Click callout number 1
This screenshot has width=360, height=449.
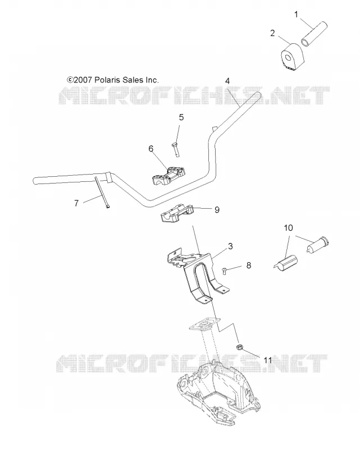297,15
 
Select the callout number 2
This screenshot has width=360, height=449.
272,33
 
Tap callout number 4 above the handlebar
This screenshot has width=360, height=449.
227,81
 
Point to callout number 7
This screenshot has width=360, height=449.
76,203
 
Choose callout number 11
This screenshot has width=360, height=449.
268,360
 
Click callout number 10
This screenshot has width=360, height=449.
288,228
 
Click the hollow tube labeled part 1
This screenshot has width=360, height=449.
315,33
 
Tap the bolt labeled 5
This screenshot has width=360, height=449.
176,149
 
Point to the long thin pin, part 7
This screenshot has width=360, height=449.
101,192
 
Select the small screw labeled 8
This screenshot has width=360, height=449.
225,270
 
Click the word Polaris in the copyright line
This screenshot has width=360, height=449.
107,80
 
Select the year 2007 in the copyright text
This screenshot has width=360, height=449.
83,80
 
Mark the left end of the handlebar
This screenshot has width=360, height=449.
34,181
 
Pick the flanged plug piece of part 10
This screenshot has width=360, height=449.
317,244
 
